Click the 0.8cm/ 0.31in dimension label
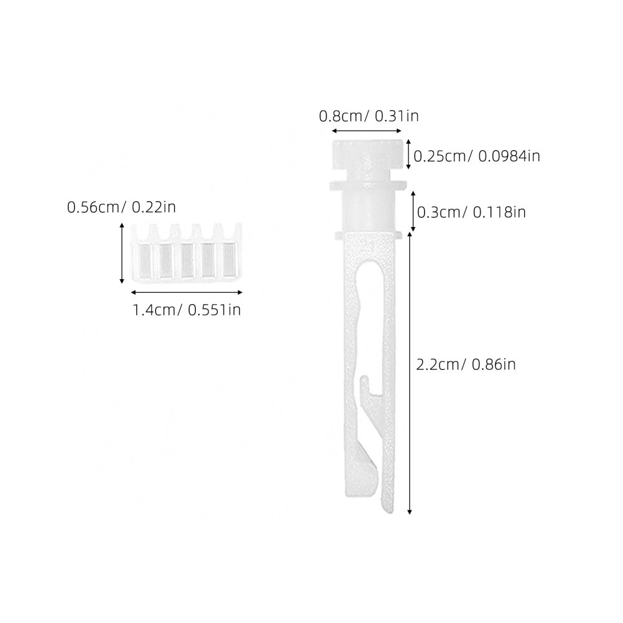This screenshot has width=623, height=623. pos(369,116)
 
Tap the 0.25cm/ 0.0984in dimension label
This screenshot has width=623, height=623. pos(477,155)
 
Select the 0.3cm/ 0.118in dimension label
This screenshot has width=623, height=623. pos(471,212)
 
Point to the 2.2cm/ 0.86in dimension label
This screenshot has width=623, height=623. pos(466,364)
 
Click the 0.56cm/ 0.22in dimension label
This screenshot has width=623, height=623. pos(121,208)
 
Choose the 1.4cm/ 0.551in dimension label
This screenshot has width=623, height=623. pos(187,310)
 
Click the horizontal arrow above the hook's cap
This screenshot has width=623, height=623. pos(367,131)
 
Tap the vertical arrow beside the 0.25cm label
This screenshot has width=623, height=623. pos(408,154)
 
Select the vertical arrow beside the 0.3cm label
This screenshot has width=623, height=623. pos(413,211)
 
